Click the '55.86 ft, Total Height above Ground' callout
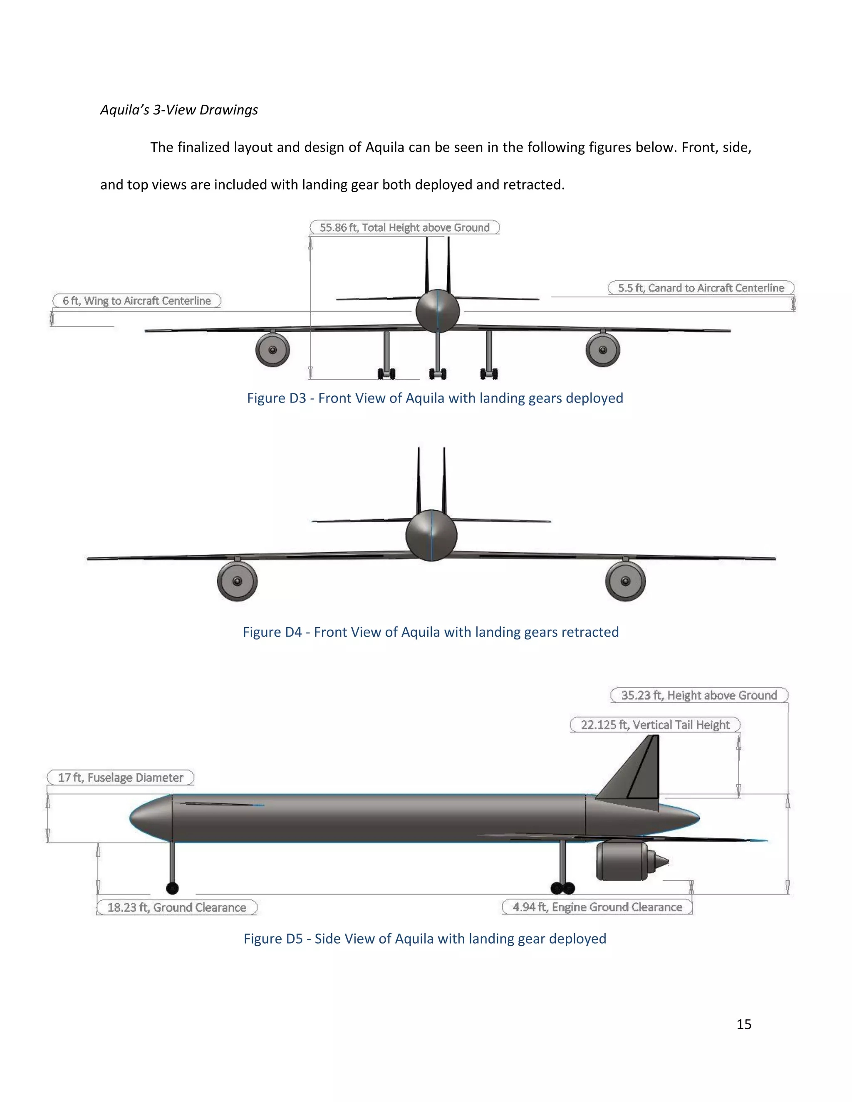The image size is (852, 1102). (x=404, y=227)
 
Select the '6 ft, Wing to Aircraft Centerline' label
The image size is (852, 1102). (x=137, y=301)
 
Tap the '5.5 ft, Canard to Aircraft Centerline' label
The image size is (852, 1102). (x=701, y=288)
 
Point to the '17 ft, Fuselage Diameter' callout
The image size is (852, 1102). (x=121, y=778)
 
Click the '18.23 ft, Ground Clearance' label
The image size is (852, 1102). (x=177, y=907)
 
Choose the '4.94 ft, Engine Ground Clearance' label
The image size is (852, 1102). (x=597, y=907)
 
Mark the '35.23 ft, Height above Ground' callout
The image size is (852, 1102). (x=698, y=695)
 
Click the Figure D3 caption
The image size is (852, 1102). (x=435, y=398)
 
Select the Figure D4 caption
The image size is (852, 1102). (x=431, y=632)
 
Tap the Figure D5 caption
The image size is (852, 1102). (x=425, y=939)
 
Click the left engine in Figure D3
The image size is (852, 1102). (x=272, y=350)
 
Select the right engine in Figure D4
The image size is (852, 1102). (x=625, y=581)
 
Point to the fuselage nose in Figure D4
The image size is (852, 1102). (x=431, y=535)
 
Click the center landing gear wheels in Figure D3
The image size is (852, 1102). (x=438, y=373)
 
